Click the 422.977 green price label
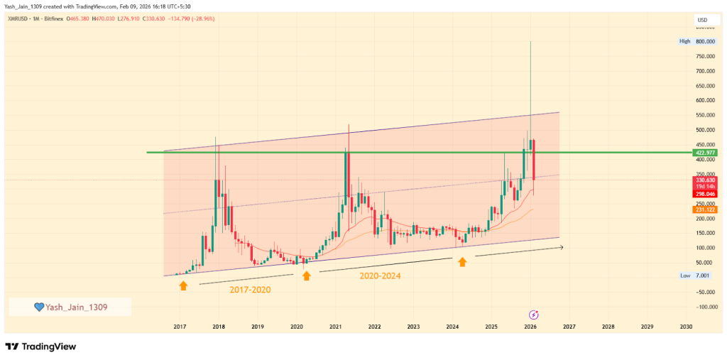coord(706,153)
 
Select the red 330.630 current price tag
coord(706,180)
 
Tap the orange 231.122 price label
coord(706,209)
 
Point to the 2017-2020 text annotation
coord(249,290)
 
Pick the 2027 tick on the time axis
coord(569,327)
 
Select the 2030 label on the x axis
coord(685,327)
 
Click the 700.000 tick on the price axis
coord(705,71)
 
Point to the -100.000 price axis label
coord(705,307)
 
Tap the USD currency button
coord(703,20)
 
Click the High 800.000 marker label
coord(696,41)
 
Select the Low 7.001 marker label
coord(696,275)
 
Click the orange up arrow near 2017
coord(183,285)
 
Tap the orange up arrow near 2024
coord(462,262)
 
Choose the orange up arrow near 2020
coord(306,276)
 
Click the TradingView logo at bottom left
coord(40,347)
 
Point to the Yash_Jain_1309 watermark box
coord(70,307)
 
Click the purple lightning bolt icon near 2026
coord(534,314)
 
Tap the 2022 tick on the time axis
coord(374,327)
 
